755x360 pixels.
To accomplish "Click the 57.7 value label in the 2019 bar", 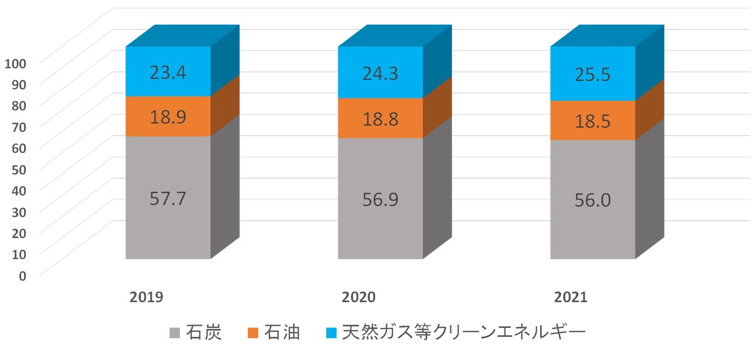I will [x=168, y=199].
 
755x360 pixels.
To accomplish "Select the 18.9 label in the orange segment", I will [x=168, y=117].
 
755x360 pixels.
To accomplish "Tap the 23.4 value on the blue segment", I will [x=168, y=72].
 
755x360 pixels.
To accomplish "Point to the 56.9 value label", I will [x=380, y=200].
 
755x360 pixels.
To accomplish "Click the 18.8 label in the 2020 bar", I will [x=380, y=119].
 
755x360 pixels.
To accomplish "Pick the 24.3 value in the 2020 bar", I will [x=380, y=73].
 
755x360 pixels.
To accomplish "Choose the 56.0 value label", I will [x=593, y=201].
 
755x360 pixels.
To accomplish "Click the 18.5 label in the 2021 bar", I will [x=593, y=121].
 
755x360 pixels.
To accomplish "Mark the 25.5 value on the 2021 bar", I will [x=593, y=74].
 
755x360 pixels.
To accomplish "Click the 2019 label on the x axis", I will [x=147, y=297].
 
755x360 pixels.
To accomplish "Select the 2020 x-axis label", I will [x=359, y=297].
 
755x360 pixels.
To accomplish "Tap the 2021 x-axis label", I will [x=571, y=297].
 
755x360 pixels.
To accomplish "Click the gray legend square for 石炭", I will [x=175, y=333].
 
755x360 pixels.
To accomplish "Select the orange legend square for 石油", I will [x=254, y=333].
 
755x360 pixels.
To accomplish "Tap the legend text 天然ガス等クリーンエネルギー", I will [x=462, y=333].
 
